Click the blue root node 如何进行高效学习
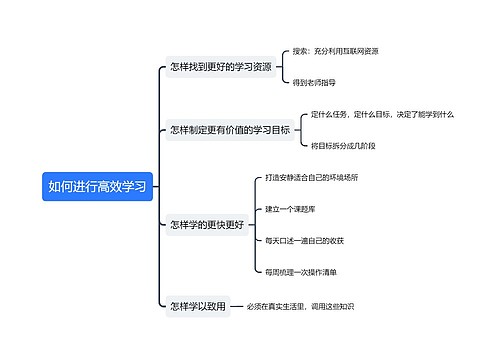[97, 186]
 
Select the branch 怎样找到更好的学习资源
[220, 67]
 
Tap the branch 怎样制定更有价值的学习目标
[229, 130]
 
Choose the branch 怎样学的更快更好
[207, 225]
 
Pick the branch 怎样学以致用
[198, 307]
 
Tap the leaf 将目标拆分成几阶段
[343, 146]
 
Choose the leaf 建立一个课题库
[291, 209]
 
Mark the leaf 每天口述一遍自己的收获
[304, 241]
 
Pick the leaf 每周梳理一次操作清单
[300, 272]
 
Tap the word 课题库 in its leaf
[306, 209]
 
